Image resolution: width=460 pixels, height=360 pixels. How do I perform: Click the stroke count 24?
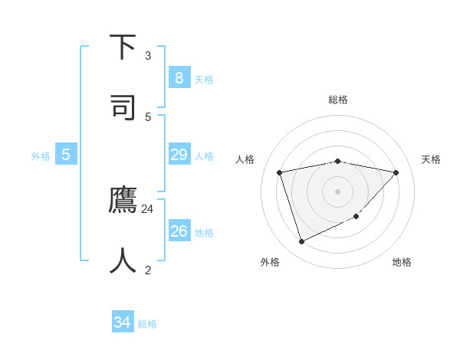(148, 208)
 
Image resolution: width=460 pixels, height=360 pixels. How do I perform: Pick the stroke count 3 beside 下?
(148, 55)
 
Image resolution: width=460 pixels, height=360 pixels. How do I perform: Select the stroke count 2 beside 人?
(148, 270)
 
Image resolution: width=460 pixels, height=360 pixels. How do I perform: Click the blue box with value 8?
(179, 78)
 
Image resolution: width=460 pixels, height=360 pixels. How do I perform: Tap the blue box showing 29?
(179, 155)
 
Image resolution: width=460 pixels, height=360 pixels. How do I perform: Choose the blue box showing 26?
(179, 231)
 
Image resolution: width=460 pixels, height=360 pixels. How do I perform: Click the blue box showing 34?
(123, 322)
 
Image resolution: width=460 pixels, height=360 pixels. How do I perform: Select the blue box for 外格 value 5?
(66, 155)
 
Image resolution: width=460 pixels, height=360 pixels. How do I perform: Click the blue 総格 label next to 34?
(147, 324)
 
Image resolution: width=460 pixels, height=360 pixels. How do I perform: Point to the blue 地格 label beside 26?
(204, 233)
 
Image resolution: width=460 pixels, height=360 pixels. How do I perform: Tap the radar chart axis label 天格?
(431, 159)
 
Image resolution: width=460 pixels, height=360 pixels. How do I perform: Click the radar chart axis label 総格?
(338, 100)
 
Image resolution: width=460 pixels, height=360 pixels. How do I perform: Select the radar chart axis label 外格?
(270, 262)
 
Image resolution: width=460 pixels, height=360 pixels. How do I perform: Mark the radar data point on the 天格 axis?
(396, 172)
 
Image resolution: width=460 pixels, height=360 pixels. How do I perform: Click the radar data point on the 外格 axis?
(301, 242)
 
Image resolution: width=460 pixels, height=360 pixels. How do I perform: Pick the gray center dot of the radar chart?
(338, 191)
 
